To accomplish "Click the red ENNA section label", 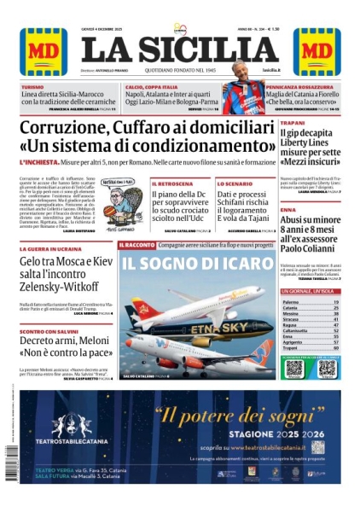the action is click(287, 210).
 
